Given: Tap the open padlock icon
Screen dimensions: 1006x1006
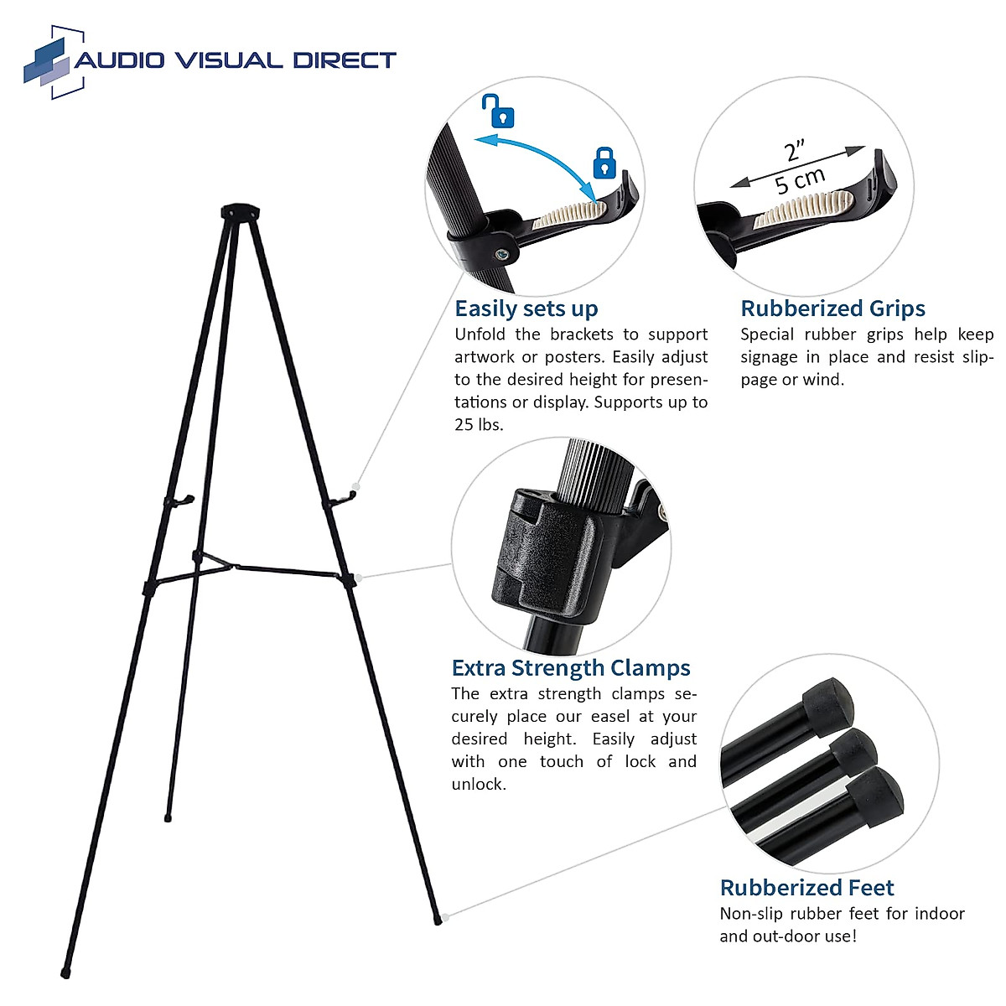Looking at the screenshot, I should point(498,111).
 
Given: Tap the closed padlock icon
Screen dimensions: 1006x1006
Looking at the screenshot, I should point(604,163).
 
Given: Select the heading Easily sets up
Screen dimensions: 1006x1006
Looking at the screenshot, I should point(526,309).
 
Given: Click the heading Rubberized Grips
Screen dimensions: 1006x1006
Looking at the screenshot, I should point(832,309).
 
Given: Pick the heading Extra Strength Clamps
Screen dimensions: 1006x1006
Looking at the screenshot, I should point(570,668).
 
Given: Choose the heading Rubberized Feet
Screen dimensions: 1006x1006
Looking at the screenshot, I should point(806,888).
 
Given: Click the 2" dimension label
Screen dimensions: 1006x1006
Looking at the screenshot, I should point(795,152).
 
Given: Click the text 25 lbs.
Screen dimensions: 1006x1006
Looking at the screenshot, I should point(479,425).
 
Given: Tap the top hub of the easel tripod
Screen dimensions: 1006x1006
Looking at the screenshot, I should point(238,210).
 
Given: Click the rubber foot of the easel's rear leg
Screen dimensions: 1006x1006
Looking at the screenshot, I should point(169,817).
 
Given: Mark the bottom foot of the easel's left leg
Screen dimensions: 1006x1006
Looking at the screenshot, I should point(65,973).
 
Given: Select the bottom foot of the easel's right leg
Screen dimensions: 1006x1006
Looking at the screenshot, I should point(438,920).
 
